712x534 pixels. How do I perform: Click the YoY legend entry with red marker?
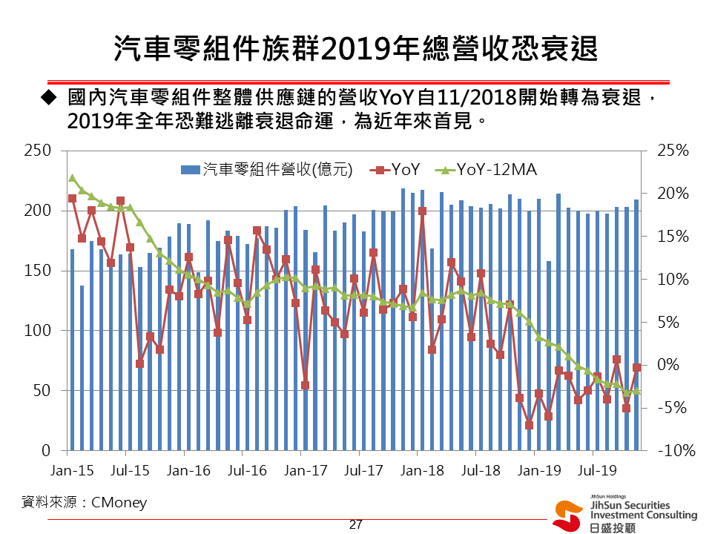pos(397,170)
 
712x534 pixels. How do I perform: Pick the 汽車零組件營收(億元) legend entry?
pos(266,170)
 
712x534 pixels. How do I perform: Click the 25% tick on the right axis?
pos(673,151)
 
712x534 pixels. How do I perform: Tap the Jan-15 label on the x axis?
pos(72,470)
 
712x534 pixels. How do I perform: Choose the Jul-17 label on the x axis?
pos(363,470)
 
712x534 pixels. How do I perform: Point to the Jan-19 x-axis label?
pos(538,470)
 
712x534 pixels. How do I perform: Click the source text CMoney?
pos(119,503)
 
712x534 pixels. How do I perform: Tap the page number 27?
pos(355,525)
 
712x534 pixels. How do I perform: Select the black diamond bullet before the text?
pos(49,97)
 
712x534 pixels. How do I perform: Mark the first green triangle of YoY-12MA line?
pos(72,178)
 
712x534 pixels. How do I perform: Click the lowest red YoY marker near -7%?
pos(530,425)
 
